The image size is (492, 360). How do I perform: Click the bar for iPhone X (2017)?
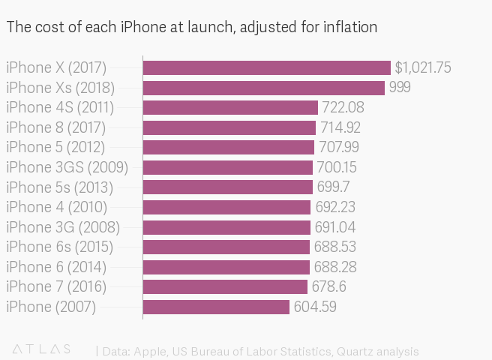(266, 68)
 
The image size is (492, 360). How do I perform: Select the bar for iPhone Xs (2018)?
(263, 88)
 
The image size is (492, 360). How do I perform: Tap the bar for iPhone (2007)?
(216, 307)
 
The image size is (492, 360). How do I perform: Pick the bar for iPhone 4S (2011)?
(230, 108)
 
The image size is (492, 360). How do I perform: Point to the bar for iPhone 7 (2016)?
(225, 286)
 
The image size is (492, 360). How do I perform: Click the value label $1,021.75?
(423, 68)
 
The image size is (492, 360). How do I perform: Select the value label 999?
(400, 88)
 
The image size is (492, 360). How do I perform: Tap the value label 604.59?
(314, 307)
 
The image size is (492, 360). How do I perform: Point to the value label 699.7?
(333, 187)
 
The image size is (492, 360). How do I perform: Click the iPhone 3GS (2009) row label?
(67, 167)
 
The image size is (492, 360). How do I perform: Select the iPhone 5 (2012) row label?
(55, 148)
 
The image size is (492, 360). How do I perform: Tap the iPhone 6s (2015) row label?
(59, 247)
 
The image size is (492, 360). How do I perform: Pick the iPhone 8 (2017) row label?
(55, 127)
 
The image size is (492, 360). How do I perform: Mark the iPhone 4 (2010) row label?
(56, 207)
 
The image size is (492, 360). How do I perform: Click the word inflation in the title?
(349, 28)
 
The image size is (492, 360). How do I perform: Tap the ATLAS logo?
(42, 349)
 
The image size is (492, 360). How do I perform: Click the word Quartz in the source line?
(356, 351)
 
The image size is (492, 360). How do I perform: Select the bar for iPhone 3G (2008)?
(226, 227)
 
